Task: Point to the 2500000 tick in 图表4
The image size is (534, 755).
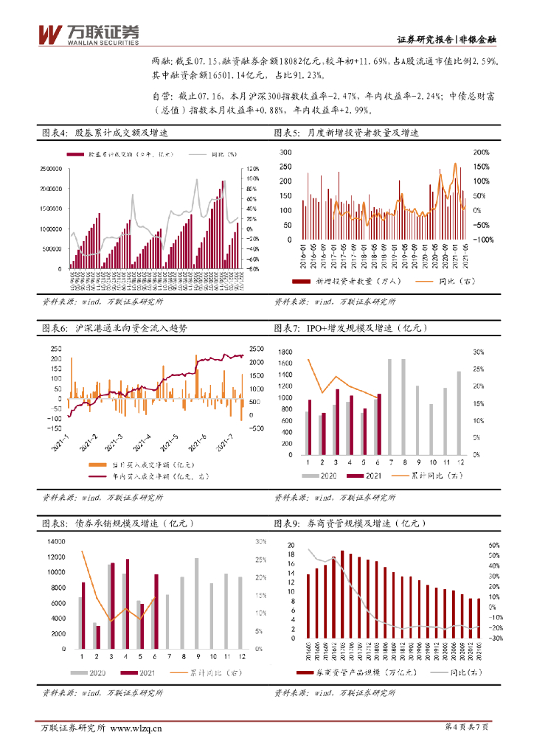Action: pyautogui.click(x=49, y=169)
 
